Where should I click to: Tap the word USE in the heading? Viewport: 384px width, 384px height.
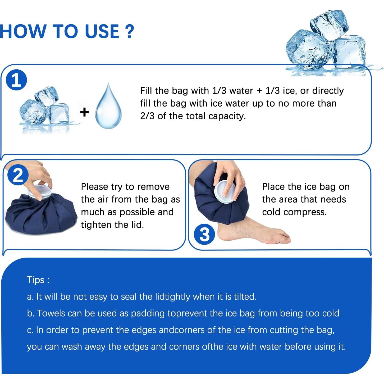pyautogui.click(x=102, y=31)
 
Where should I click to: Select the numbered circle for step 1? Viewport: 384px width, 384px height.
pyautogui.click(x=16, y=80)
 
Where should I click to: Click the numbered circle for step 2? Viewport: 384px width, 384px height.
pyautogui.click(x=18, y=175)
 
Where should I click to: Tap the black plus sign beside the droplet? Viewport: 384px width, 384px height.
pyautogui.click(x=84, y=112)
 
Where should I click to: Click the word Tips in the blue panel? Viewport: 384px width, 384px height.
pyautogui.click(x=36, y=280)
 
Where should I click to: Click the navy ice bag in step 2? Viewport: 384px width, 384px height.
pyautogui.click(x=41, y=213)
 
